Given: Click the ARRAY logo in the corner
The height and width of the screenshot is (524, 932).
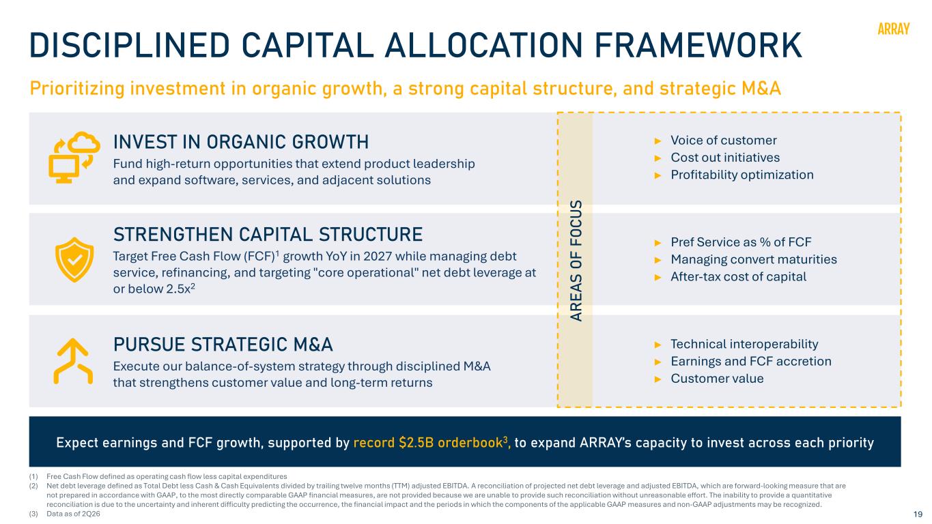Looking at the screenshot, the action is point(893,29).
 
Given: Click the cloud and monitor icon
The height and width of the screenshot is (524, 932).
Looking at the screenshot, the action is point(74,157).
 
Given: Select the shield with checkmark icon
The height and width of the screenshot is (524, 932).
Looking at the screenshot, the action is point(74,260).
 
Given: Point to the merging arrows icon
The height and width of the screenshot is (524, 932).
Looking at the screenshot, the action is point(73,361).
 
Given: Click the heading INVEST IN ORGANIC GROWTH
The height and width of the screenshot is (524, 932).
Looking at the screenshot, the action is point(241,142).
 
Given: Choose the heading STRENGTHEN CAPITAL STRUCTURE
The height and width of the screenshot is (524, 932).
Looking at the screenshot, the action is point(268,235).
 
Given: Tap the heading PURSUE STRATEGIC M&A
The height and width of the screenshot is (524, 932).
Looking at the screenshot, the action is point(223,345).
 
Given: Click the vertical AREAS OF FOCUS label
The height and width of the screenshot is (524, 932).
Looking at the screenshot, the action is point(576,261).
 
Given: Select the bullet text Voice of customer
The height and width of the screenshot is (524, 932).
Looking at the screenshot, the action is point(724,141).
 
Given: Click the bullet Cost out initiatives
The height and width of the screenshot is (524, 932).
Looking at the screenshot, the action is point(725,158).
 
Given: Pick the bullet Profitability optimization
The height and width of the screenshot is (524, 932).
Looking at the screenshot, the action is point(742,175).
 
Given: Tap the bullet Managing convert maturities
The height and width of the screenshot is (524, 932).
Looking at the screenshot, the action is point(754,259).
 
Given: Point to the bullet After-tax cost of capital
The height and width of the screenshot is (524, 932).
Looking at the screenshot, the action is point(738,276).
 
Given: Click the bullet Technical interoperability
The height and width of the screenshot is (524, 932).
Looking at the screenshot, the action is point(744,345).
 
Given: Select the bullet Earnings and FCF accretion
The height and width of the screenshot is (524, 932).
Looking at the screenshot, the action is point(751,362).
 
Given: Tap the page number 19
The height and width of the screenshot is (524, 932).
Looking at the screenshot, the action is point(918,514).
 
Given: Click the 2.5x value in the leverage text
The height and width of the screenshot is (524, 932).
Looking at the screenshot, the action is point(178,289).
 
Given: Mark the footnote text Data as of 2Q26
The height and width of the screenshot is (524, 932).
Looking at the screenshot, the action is point(73,514).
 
